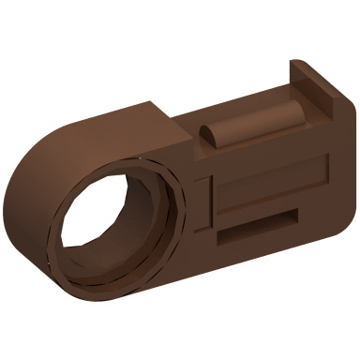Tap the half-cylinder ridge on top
(253, 127)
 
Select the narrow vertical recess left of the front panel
(199, 197)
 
